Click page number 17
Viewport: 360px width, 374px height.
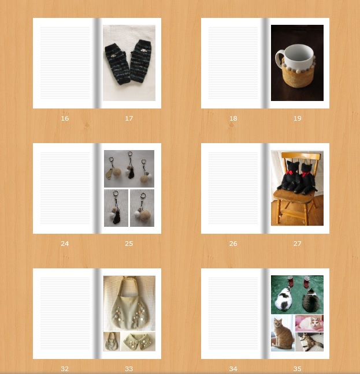(129, 118)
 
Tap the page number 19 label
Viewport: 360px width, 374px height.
(297, 118)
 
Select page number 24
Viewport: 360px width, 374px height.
(65, 244)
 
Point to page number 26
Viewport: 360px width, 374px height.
(233, 244)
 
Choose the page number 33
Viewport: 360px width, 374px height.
(129, 369)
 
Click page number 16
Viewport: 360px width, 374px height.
(65, 118)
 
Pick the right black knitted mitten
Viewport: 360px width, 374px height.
(141, 61)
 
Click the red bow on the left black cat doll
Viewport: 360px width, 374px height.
(290, 172)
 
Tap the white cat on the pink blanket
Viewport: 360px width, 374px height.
(309, 323)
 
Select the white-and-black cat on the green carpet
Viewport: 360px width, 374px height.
(283, 300)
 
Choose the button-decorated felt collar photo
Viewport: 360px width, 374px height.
(138, 342)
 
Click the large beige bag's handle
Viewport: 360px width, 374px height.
(129, 286)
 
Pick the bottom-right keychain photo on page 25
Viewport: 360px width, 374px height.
(142, 208)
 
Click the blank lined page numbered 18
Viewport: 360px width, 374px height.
(233, 63)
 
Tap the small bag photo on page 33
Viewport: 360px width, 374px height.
(112, 342)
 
